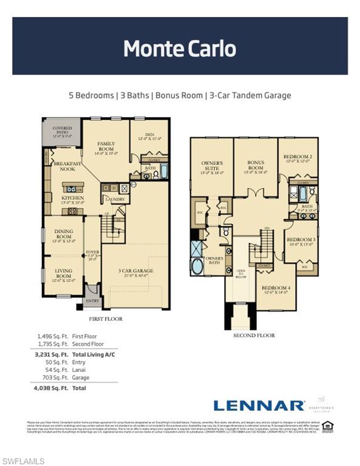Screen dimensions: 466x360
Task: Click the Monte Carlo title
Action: point(180,48)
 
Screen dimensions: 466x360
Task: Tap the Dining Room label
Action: point(64,234)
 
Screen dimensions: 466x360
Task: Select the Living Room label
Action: point(63,277)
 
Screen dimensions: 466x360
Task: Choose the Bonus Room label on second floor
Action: point(256,167)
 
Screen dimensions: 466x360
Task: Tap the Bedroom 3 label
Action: point(301,241)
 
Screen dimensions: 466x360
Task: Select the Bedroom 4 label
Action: point(276,290)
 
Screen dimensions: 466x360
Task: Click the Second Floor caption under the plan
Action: point(254,335)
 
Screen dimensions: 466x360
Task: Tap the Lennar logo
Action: point(259,405)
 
